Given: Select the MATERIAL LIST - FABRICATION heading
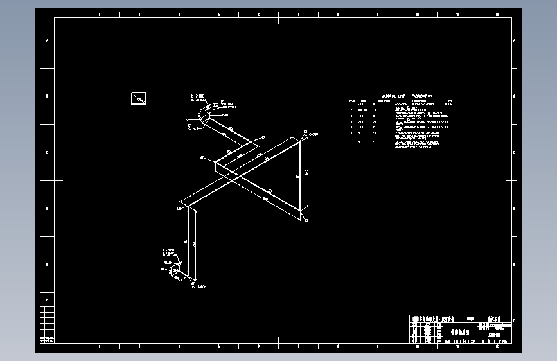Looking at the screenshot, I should point(406,96).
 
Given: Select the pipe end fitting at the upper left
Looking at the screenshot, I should point(205,115).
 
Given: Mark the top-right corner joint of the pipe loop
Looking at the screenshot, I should point(303,136).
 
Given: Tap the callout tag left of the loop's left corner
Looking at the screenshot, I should point(202,157).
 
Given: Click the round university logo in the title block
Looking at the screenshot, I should point(415,319).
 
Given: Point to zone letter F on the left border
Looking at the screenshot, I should point(47,299).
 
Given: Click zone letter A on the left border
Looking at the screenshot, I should point(47,40).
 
